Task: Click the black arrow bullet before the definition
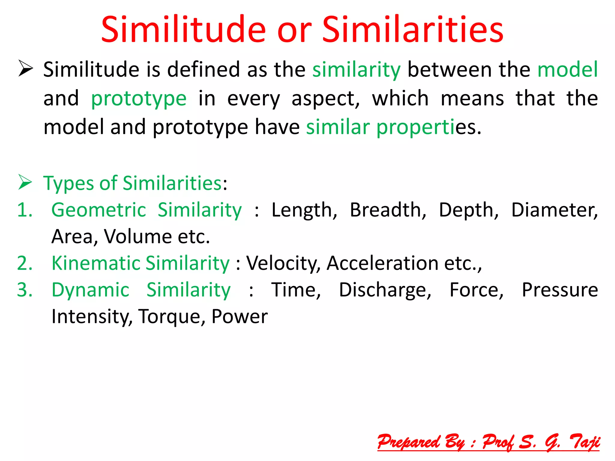point(26,68)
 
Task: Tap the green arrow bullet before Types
point(25,182)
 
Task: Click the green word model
point(568,69)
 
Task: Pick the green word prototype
point(139,99)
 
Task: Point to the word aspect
point(326,99)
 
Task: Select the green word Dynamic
point(90,290)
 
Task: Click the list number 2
point(25,263)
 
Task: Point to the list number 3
point(25,290)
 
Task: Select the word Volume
point(138,237)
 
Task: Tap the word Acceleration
point(383,263)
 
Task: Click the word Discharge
point(385,290)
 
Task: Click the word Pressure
point(560,290)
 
